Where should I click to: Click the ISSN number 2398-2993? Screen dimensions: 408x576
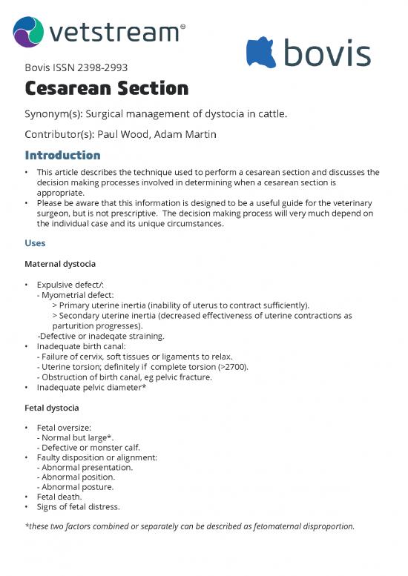click(88, 69)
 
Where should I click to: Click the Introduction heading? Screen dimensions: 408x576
click(62, 155)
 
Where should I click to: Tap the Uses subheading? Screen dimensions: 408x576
click(35, 243)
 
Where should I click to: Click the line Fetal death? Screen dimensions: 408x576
click(61, 497)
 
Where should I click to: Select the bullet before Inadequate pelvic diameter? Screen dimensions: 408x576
click(27, 387)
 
